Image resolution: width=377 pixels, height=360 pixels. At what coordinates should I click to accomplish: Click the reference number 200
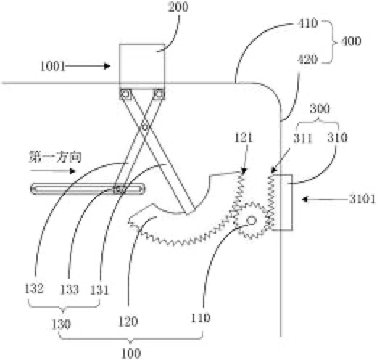pyautogui.click(x=178, y=7)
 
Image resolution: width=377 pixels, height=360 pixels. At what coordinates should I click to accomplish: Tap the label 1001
pyautogui.click(x=53, y=66)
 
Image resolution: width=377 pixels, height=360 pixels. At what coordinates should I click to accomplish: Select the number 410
pyautogui.click(x=307, y=23)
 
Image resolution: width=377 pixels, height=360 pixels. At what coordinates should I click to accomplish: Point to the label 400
pyautogui.click(x=351, y=41)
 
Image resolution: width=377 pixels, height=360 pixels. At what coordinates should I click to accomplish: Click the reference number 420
pyautogui.click(x=307, y=60)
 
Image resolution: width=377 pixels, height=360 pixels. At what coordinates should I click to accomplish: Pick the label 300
pyautogui.click(x=320, y=109)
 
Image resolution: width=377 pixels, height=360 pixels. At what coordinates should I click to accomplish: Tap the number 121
pyautogui.click(x=244, y=138)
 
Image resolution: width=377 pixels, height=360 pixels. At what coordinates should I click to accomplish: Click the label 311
pyautogui.click(x=303, y=138)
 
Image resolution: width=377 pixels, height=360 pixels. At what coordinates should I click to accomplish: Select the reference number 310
pyautogui.click(x=338, y=137)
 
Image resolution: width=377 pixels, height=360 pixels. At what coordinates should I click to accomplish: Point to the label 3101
pyautogui.click(x=362, y=199)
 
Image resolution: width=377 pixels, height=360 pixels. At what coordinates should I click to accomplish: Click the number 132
pyautogui.click(x=35, y=288)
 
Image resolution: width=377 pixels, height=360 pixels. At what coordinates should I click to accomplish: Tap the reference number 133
pyautogui.click(x=70, y=289)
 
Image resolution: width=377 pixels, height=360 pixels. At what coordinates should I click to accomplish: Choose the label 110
pyautogui.click(x=201, y=318)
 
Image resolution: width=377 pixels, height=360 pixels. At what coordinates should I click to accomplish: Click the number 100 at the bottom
pyautogui.click(x=130, y=353)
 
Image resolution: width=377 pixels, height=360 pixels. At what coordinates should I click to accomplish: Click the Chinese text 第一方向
pyautogui.click(x=55, y=157)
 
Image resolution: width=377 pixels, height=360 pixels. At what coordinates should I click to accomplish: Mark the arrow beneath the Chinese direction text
pyautogui.click(x=53, y=171)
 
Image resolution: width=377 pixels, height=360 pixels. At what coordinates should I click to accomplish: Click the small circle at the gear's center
pyautogui.click(x=252, y=221)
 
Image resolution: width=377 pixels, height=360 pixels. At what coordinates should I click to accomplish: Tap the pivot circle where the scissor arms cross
pyautogui.click(x=145, y=126)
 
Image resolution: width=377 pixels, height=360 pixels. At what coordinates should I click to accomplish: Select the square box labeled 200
pyautogui.click(x=142, y=67)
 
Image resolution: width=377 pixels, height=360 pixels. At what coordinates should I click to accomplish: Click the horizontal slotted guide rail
pyautogui.click(x=88, y=189)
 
